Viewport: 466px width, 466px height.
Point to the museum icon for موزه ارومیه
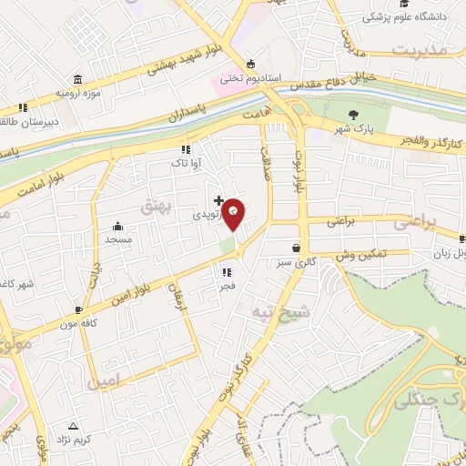(76, 78)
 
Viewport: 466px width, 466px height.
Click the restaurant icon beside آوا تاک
(186, 148)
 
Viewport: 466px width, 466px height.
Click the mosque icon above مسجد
(117, 227)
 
